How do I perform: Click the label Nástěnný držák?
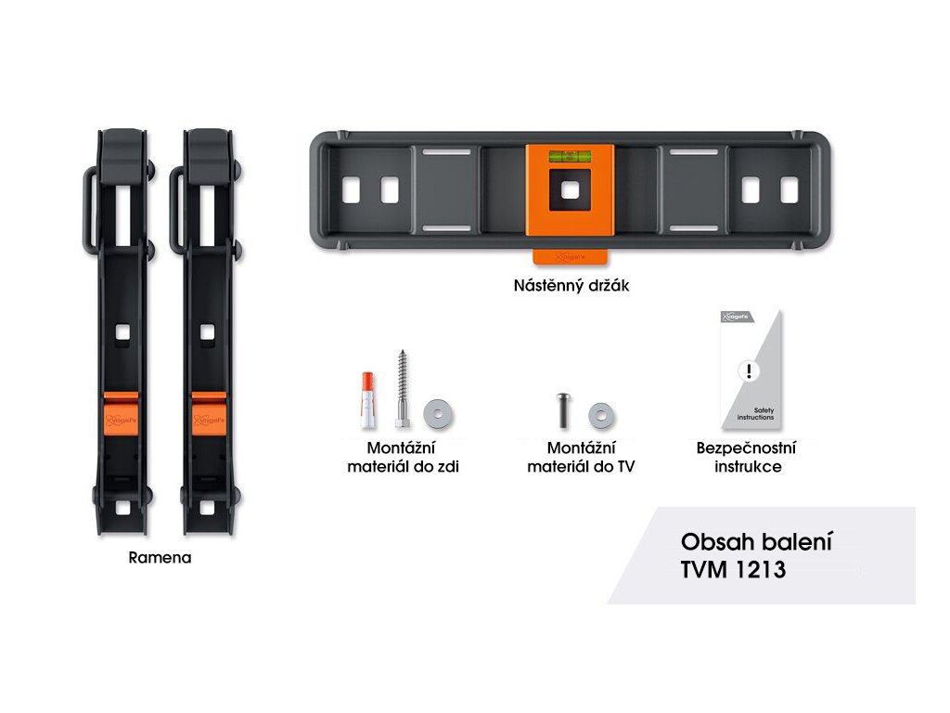point(571,286)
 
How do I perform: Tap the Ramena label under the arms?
point(160,559)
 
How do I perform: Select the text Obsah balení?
point(756,542)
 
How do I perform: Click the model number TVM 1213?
point(733,571)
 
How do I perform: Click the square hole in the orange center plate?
point(571,190)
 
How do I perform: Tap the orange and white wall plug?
point(368,395)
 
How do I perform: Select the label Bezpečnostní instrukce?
point(747,458)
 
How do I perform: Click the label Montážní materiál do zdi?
point(403,458)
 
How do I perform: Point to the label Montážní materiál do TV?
point(581,458)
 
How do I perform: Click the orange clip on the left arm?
point(120,411)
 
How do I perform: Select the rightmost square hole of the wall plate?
point(789,190)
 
